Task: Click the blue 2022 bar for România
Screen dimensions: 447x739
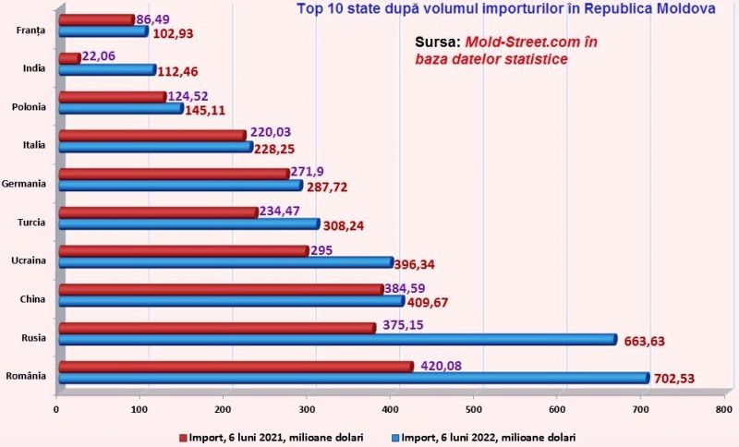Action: pos(356,377)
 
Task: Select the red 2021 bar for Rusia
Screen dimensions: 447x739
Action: pos(216,327)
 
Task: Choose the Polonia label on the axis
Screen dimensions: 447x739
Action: pos(30,107)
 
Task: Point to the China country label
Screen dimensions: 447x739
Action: pos(35,299)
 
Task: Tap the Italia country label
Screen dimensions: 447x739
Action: pos(34,145)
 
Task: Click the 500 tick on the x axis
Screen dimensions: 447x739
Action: pos(474,408)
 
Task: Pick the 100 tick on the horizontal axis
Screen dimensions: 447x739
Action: pos(139,408)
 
